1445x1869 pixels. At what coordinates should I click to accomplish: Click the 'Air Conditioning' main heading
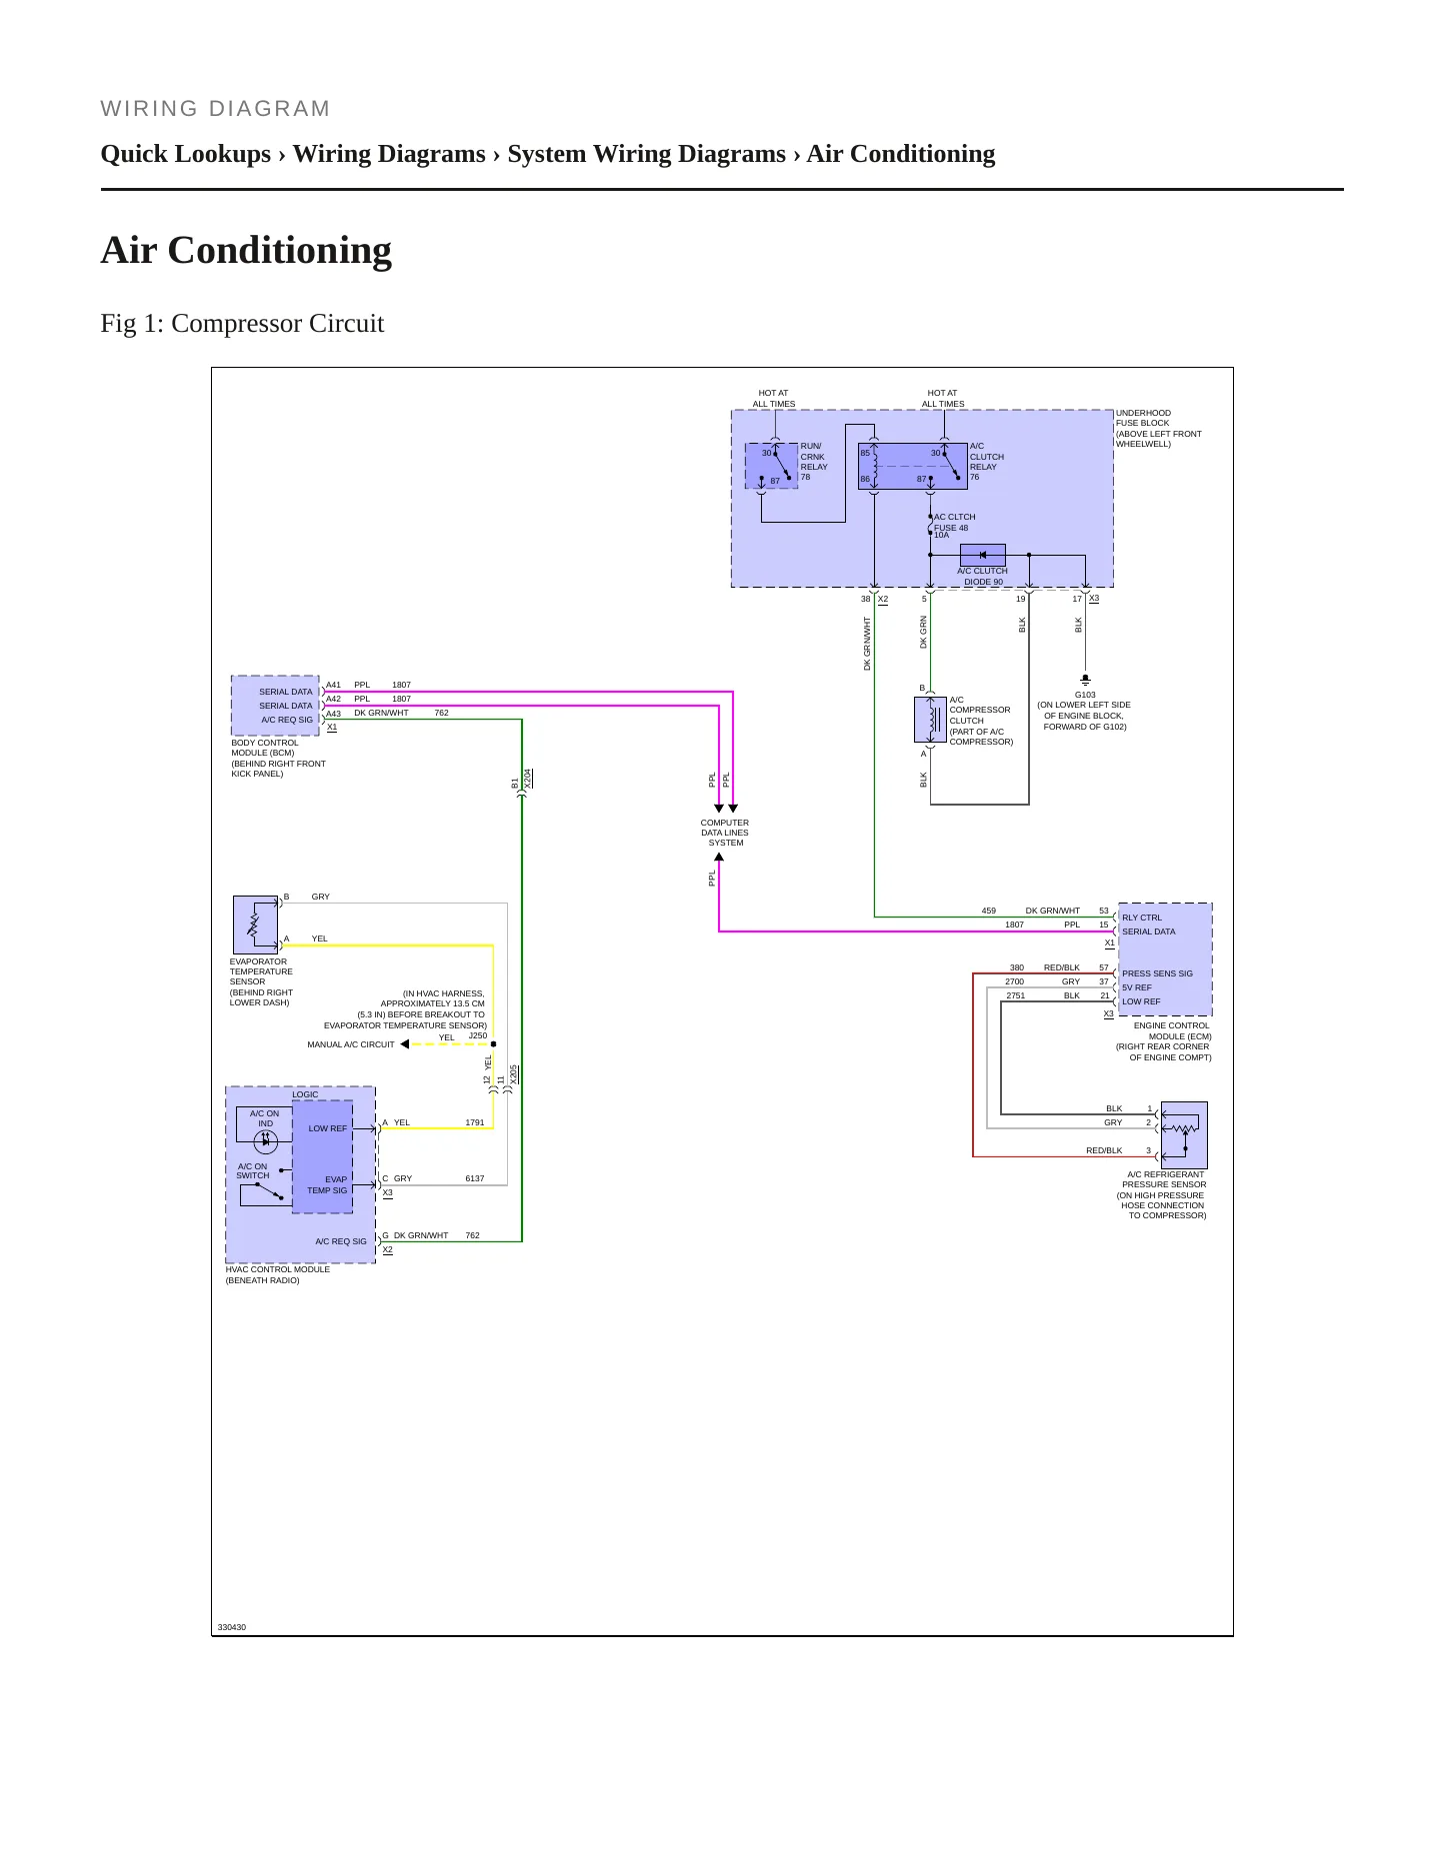246,250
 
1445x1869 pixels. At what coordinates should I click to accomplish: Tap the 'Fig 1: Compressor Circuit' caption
242,324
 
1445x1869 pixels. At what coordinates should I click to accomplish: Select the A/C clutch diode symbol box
982,555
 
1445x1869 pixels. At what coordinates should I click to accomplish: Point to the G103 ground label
1085,695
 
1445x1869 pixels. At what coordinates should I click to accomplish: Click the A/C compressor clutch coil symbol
930,720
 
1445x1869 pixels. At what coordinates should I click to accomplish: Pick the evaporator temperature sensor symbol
255,925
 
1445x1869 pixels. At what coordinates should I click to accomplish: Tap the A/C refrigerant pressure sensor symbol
1184,1135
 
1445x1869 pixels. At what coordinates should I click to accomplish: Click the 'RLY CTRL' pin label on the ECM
1142,918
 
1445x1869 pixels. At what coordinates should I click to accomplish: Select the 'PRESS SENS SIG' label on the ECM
1157,973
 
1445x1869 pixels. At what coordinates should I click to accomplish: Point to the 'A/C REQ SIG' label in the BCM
287,720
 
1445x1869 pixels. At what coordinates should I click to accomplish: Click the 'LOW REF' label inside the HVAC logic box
327,1128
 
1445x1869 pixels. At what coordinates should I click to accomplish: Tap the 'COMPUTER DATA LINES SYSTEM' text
725,833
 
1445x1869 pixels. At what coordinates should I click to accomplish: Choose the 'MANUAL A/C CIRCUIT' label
351,1044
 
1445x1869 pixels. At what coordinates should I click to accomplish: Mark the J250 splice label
478,1035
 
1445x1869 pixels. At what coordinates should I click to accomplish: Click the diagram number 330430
232,1627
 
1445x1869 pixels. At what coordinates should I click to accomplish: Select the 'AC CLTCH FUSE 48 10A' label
955,526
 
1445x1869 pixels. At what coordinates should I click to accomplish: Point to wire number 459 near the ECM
989,911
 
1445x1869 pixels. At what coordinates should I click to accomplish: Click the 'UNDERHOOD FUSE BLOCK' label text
1143,418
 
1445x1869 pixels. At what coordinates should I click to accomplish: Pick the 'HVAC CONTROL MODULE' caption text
278,1269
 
